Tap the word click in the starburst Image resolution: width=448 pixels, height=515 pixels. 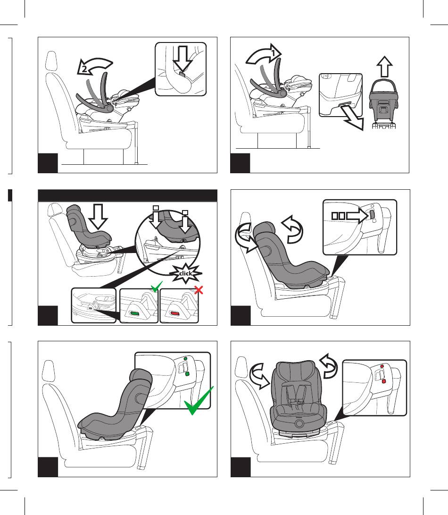pyautogui.click(x=185, y=273)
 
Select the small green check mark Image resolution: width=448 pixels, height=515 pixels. pyautogui.click(x=156, y=287)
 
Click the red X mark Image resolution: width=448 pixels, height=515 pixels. pyautogui.click(x=199, y=290)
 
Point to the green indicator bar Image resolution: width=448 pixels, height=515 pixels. pyautogui.click(x=134, y=313)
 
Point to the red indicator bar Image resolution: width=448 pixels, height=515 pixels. pyautogui.click(x=174, y=313)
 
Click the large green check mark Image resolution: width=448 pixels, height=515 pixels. pyautogui.click(x=198, y=401)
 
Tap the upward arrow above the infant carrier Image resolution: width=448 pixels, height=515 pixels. pyautogui.click(x=385, y=67)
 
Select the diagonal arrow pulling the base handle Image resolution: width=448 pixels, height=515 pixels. pyautogui.click(x=352, y=118)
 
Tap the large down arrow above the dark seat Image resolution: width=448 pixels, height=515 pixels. pyautogui.click(x=98, y=217)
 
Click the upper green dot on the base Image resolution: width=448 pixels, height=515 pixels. pyautogui.click(x=185, y=359)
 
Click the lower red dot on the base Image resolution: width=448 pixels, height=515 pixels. pyautogui.click(x=384, y=381)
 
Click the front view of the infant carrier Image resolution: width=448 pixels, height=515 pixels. pyautogui.click(x=383, y=103)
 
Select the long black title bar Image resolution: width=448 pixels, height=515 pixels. pyautogui.click(x=127, y=195)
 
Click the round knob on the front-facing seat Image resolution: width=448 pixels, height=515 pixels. pyautogui.click(x=299, y=424)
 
